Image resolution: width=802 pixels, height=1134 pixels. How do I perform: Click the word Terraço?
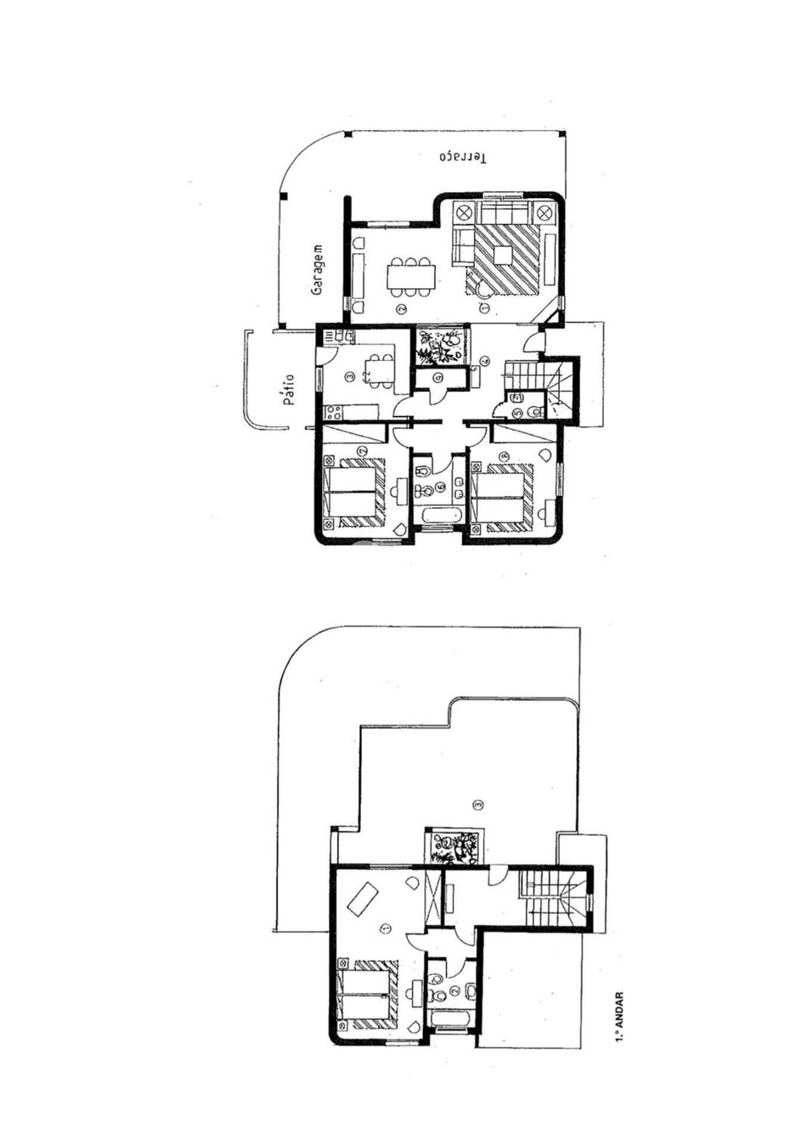(x=463, y=157)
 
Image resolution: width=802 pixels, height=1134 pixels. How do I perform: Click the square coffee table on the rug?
(x=503, y=255)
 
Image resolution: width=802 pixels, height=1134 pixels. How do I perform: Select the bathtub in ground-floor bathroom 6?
(x=438, y=516)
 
